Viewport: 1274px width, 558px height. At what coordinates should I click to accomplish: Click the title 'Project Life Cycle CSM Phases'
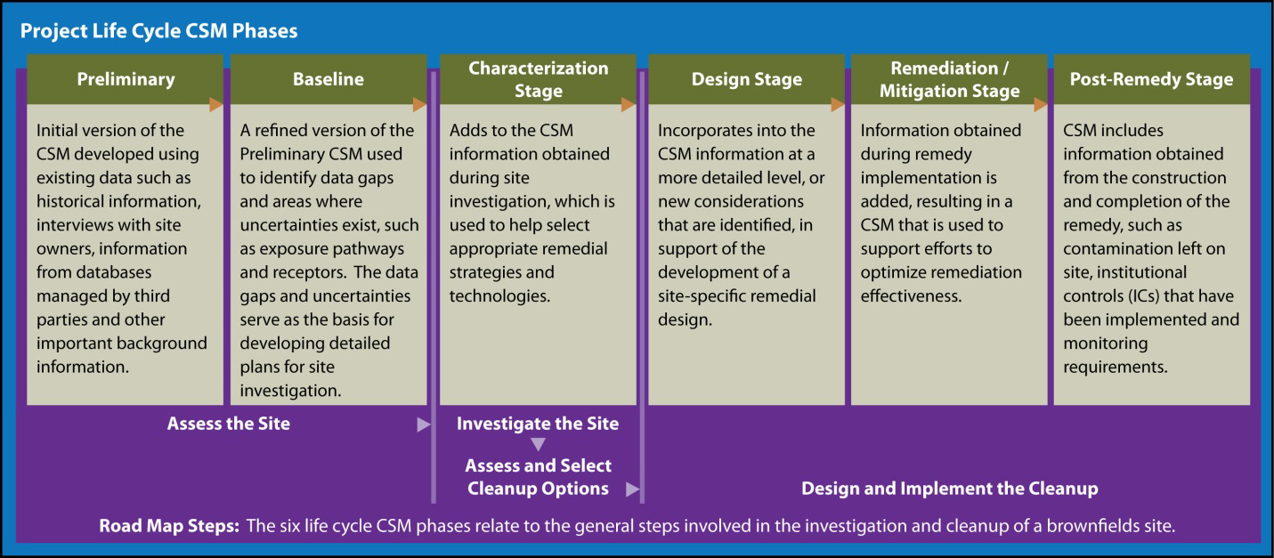pyautogui.click(x=158, y=31)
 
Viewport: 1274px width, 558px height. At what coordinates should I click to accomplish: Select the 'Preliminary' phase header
pyautogui.click(x=126, y=79)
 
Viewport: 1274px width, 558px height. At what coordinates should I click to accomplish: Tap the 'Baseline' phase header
pyautogui.click(x=329, y=79)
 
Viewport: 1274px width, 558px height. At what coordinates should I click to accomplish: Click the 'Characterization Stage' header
pyautogui.click(x=538, y=79)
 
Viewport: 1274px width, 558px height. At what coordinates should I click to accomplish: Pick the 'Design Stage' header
pyautogui.click(x=747, y=79)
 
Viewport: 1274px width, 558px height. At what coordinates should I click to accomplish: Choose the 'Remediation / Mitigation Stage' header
pyautogui.click(x=949, y=79)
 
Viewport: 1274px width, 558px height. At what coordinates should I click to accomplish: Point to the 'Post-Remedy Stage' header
pyautogui.click(x=1152, y=79)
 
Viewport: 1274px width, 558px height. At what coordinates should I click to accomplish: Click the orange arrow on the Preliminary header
pyautogui.click(x=215, y=105)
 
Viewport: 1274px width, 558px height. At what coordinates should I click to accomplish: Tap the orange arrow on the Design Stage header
pyautogui.click(x=837, y=105)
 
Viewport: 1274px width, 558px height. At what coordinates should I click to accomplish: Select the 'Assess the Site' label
pyautogui.click(x=229, y=424)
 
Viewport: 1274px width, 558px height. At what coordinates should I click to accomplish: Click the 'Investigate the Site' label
pyautogui.click(x=538, y=424)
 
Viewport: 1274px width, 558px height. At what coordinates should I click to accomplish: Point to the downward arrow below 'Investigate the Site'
pyautogui.click(x=538, y=444)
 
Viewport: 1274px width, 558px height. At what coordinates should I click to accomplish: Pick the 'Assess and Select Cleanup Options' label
pyautogui.click(x=538, y=477)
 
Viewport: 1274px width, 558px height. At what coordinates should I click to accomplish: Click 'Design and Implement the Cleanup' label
pyautogui.click(x=950, y=489)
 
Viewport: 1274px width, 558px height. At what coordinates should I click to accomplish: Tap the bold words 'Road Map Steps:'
pyautogui.click(x=169, y=526)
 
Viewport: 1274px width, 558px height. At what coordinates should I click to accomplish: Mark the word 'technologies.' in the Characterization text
pyautogui.click(x=500, y=295)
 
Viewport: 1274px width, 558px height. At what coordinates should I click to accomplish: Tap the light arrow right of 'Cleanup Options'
pyautogui.click(x=632, y=489)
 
